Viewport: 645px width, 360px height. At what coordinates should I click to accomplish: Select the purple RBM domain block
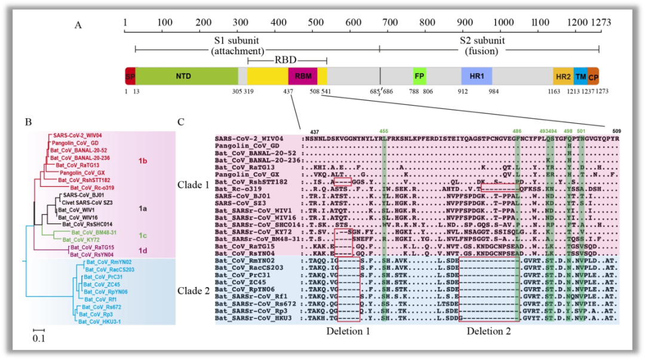(303, 76)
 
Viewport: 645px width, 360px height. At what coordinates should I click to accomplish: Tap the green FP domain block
(419, 76)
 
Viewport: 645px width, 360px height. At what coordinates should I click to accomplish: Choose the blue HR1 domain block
(476, 76)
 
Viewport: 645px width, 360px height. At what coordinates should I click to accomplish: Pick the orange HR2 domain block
(563, 76)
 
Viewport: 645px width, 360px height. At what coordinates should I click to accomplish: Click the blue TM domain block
(580, 76)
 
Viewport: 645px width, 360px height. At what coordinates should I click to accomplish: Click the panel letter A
(78, 24)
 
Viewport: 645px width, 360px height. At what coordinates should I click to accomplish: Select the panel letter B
(28, 122)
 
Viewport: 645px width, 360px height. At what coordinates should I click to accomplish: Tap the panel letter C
(182, 122)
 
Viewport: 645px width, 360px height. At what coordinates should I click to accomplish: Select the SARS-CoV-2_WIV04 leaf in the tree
(78, 136)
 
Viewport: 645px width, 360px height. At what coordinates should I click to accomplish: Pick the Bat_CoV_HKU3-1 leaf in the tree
(99, 321)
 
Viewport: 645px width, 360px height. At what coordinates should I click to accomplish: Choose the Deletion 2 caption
(489, 331)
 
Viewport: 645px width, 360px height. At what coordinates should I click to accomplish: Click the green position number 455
(383, 130)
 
